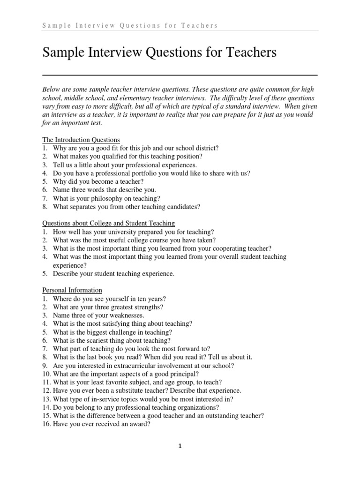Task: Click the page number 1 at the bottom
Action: click(180, 446)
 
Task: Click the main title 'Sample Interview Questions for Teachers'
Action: click(159, 53)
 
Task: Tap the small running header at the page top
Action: click(130, 25)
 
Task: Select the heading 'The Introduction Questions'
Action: click(81, 140)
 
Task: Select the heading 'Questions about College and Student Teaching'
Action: click(109, 223)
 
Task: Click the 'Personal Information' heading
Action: click(72, 290)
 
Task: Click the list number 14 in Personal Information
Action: click(46, 407)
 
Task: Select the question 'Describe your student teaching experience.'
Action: click(113, 274)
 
